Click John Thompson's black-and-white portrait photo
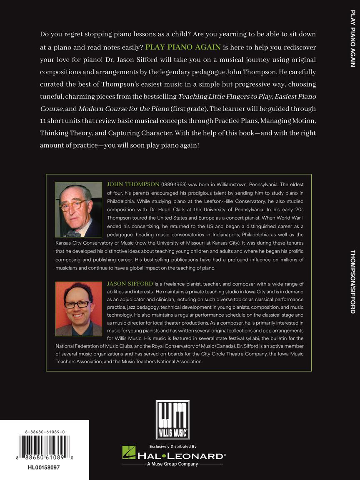click(79, 210)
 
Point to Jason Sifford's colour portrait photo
click(79, 309)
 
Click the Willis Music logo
click(172, 420)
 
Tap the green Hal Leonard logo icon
click(129, 453)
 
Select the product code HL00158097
click(44, 467)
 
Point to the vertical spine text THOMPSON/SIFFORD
click(352, 282)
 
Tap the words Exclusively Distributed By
click(172, 446)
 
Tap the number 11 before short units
click(44, 121)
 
